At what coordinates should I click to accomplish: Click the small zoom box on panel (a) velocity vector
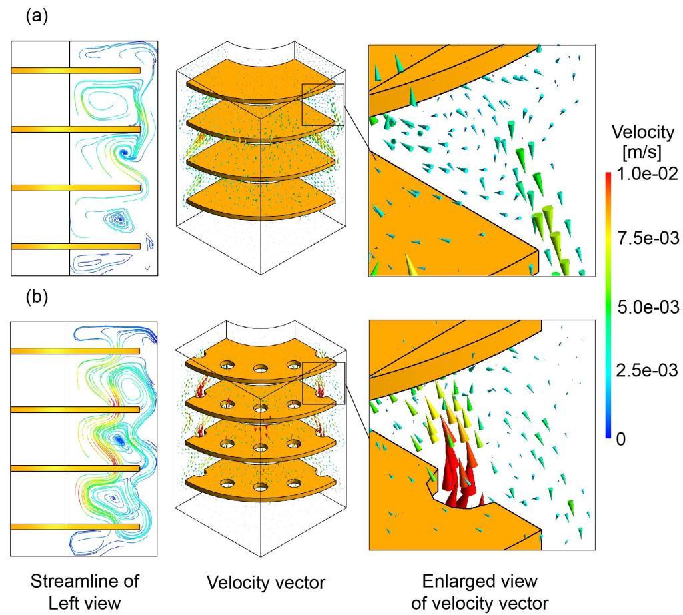323,105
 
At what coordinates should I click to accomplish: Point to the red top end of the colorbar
609,176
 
